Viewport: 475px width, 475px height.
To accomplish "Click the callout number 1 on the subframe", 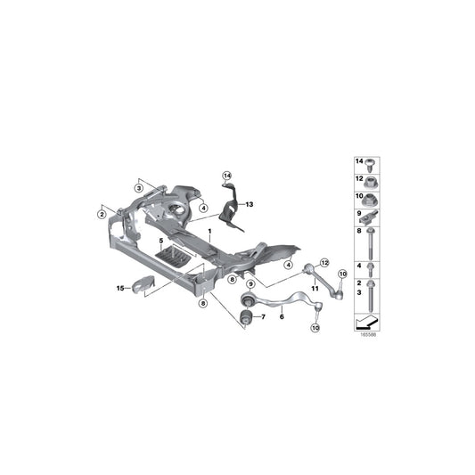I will point(210,232).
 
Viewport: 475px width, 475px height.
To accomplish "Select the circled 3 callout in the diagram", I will point(139,188).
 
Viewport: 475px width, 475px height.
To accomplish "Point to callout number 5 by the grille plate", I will point(160,241).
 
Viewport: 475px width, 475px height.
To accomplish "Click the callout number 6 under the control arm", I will point(282,315).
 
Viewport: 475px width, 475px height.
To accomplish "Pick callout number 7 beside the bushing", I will point(262,316).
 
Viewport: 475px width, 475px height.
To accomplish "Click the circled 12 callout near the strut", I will point(324,262).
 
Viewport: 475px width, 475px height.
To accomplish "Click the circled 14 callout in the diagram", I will point(226,175).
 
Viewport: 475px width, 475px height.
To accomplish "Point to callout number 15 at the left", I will point(119,288).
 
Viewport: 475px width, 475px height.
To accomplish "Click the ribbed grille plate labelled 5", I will point(173,257).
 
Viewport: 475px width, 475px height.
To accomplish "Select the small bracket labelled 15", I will point(141,286).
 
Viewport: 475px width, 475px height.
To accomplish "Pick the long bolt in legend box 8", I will point(369,241).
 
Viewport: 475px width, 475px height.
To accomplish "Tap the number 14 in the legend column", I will point(360,161).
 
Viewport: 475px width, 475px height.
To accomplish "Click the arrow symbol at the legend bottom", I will point(366,320).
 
